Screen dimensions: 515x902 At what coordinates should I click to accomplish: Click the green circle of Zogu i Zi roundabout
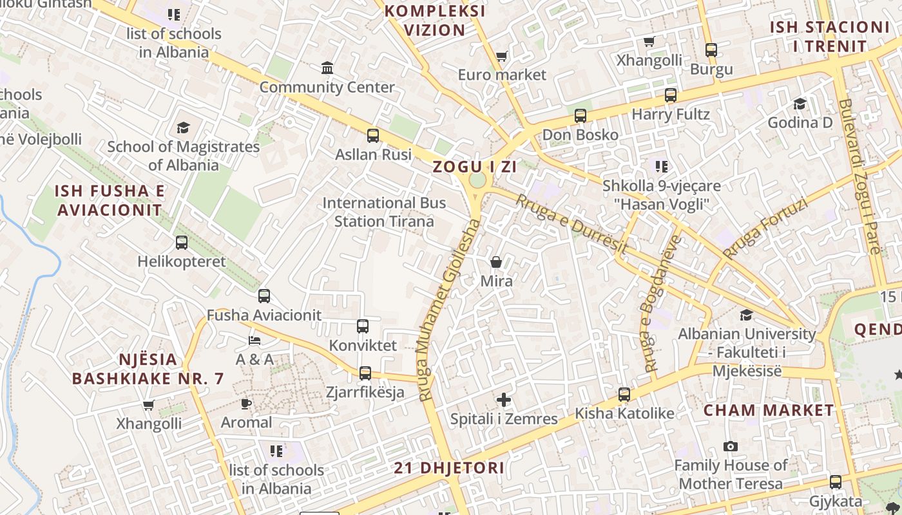(x=477, y=180)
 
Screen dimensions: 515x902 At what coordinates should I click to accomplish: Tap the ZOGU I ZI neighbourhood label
(x=475, y=167)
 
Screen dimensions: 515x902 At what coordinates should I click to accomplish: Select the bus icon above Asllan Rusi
(x=373, y=136)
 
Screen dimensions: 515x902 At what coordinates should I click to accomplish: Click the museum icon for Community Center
(x=327, y=68)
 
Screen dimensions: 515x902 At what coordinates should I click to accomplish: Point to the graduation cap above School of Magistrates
(x=184, y=127)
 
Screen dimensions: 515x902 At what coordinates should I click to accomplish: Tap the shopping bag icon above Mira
(x=496, y=262)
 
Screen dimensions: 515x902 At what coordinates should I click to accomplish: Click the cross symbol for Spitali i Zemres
(x=504, y=400)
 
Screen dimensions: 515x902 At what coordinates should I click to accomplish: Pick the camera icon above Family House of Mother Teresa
(x=730, y=446)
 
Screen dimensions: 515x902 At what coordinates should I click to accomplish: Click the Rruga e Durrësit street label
(x=571, y=224)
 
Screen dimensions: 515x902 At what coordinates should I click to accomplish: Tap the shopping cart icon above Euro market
(x=502, y=56)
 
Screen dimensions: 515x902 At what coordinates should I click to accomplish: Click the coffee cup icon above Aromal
(x=245, y=404)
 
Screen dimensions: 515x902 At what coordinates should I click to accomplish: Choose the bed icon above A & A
(x=254, y=340)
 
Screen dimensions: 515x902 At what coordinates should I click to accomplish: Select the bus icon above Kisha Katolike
(x=624, y=394)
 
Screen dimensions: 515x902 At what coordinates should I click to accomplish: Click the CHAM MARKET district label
(x=768, y=410)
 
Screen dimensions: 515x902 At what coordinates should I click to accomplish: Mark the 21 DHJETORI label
(x=449, y=467)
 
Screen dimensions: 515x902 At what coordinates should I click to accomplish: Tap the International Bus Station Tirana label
(x=384, y=212)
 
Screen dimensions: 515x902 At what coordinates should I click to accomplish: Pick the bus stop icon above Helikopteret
(x=182, y=243)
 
